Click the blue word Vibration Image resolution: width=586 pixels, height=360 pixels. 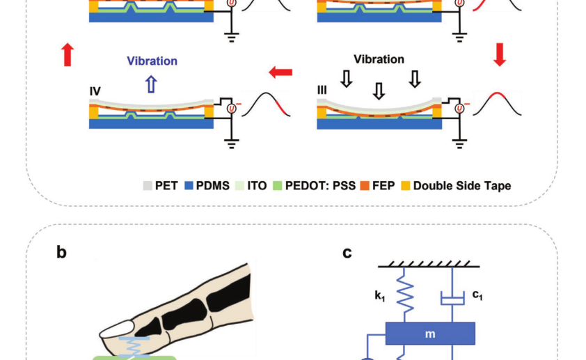tap(152, 61)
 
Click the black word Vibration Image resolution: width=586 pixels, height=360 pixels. tap(378, 59)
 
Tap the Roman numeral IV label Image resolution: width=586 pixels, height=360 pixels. tap(97, 92)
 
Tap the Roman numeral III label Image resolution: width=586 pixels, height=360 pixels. tap(323, 92)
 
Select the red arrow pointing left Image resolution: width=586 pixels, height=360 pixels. tap(280, 72)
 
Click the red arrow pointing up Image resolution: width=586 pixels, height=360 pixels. tap(67, 54)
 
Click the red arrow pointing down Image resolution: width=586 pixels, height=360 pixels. tap(499, 54)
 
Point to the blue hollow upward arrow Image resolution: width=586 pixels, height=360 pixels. tap(151, 84)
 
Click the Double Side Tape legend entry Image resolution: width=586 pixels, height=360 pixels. tap(461, 186)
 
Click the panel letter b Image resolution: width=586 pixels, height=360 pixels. tap(62, 252)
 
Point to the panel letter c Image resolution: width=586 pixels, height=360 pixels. tap(347, 252)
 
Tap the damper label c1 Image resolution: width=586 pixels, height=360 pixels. tap(477, 295)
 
